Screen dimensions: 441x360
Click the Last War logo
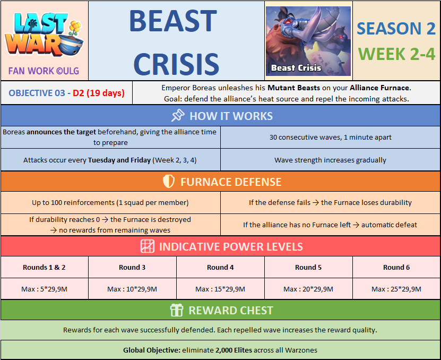(44, 34)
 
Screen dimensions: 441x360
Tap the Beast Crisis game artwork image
(308, 41)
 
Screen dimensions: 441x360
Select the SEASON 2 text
(396, 29)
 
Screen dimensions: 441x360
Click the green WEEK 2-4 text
(396, 54)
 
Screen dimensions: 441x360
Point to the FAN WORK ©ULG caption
(44, 71)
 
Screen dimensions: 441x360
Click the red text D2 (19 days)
(99, 93)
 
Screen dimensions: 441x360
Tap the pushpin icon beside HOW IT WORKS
(178, 116)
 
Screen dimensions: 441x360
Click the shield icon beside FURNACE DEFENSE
(169, 182)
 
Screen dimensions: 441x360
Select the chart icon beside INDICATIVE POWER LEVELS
(148, 246)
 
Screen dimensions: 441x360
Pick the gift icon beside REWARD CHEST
(177, 310)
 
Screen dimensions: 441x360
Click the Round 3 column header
(132, 267)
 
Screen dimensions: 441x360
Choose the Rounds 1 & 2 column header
(44, 267)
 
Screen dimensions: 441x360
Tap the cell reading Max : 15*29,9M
(220, 289)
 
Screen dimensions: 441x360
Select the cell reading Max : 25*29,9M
(396, 289)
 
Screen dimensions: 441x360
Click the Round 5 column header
(308, 267)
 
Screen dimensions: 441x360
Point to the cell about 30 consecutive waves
(331, 138)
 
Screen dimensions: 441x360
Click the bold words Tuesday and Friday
(119, 160)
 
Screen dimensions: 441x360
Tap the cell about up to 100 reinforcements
(110, 203)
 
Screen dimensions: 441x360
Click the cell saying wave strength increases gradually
(331, 160)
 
